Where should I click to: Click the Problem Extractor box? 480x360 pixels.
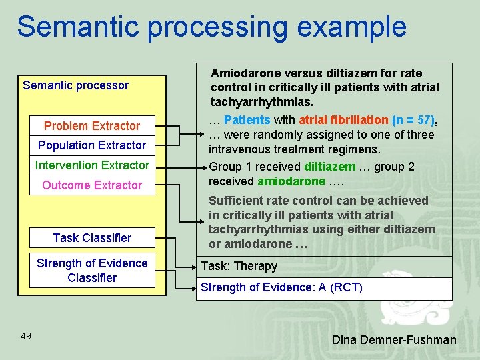(x=92, y=125)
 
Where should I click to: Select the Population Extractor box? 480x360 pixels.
(x=92, y=145)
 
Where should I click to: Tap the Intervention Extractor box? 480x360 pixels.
(x=92, y=165)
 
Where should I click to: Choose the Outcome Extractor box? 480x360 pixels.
(x=92, y=185)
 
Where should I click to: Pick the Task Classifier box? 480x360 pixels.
(x=92, y=238)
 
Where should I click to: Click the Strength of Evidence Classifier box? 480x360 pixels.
(x=92, y=271)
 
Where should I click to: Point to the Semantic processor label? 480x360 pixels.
(x=75, y=85)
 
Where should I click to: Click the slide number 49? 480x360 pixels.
(x=26, y=336)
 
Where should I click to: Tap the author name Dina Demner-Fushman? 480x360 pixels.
(x=394, y=340)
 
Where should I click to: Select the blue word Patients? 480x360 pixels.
(x=247, y=120)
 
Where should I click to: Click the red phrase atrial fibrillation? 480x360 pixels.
(x=343, y=120)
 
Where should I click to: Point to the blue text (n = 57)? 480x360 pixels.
(x=413, y=120)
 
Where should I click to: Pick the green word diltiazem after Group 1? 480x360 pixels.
(x=329, y=167)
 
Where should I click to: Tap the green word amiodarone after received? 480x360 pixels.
(x=291, y=181)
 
